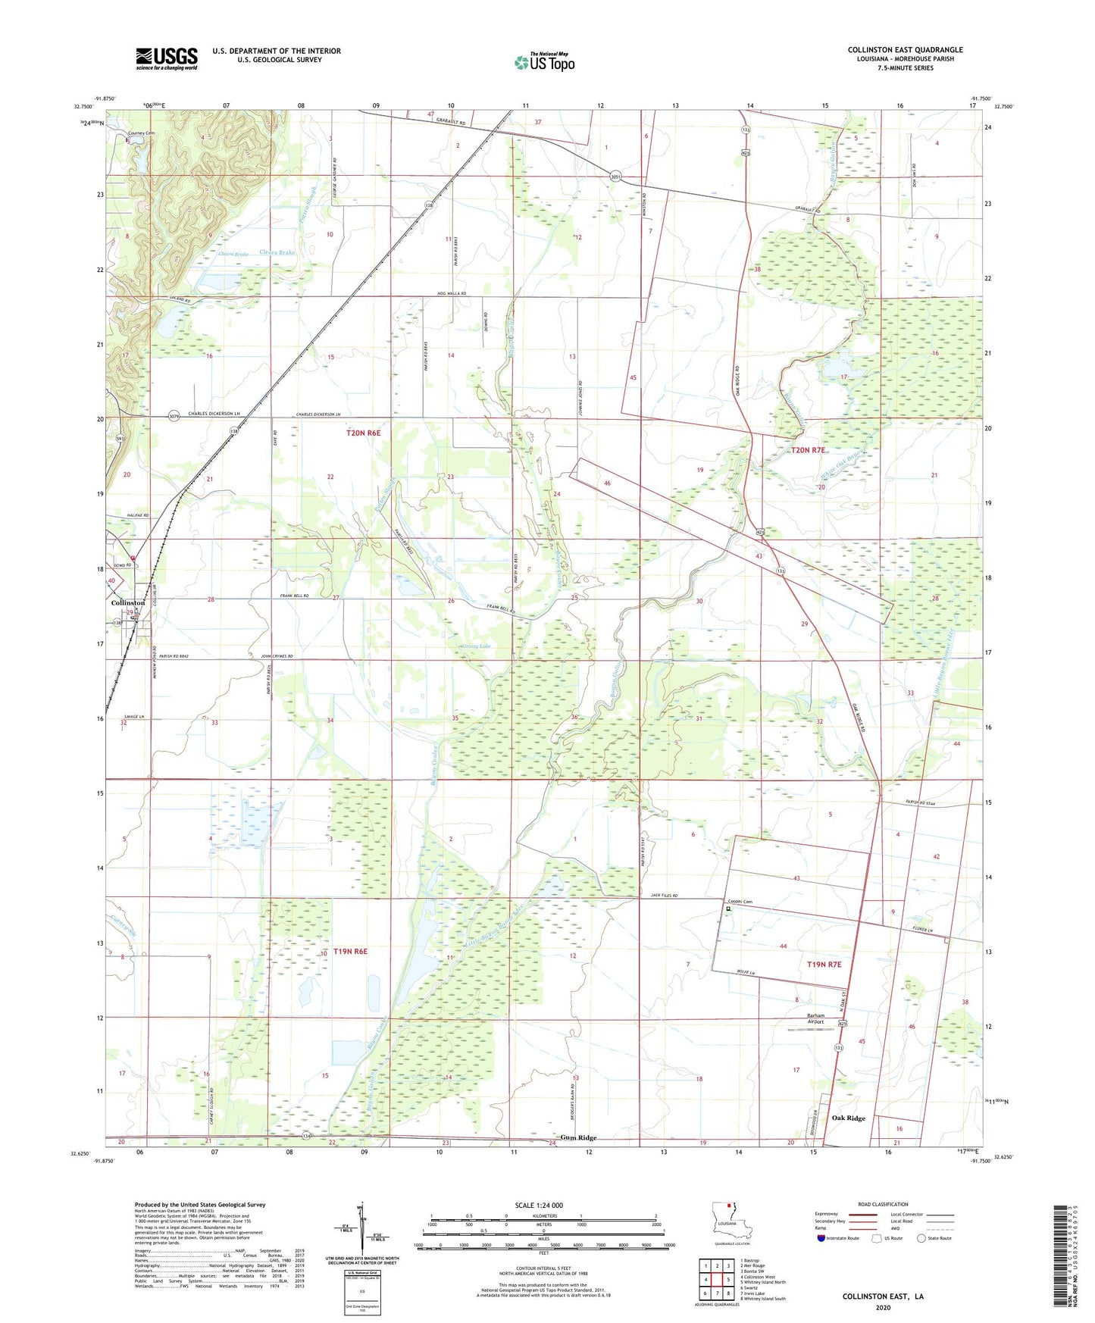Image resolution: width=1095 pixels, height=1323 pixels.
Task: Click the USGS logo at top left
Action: pos(167,58)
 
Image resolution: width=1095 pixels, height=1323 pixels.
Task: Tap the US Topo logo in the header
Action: pos(544,62)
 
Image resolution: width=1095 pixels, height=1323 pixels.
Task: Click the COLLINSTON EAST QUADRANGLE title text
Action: pos(905,50)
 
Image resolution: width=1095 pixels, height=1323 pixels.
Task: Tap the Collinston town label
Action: pos(127,602)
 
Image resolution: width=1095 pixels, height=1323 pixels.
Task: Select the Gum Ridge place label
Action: pos(578,1137)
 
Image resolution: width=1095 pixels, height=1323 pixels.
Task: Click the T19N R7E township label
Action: pos(824,965)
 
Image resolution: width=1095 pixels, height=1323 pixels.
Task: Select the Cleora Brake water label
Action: pos(277,252)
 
